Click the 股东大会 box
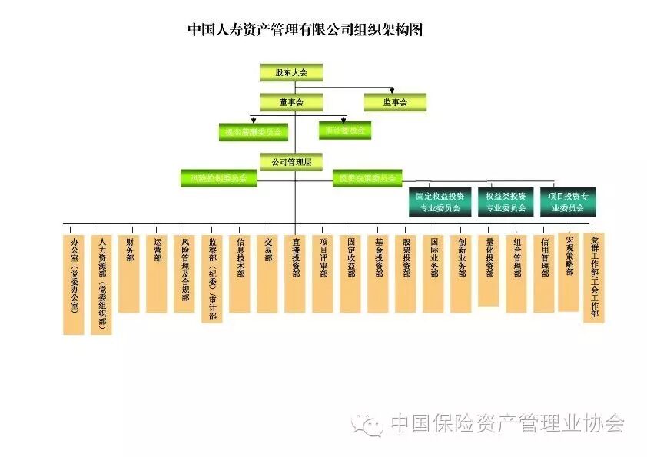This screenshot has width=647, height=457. tap(291, 72)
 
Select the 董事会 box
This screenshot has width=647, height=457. tap(291, 102)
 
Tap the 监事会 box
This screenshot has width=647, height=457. tap(395, 102)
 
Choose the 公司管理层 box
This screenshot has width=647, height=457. tap(291, 162)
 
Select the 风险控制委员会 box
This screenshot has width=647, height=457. tap(218, 178)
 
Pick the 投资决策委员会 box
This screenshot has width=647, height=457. tap(367, 178)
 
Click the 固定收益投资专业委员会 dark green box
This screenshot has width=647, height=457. tap(440, 202)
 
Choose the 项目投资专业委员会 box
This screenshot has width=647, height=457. tap(568, 202)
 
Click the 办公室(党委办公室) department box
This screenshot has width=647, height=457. tap(74, 283)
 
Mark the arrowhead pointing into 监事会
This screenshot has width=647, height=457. tap(392, 91)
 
